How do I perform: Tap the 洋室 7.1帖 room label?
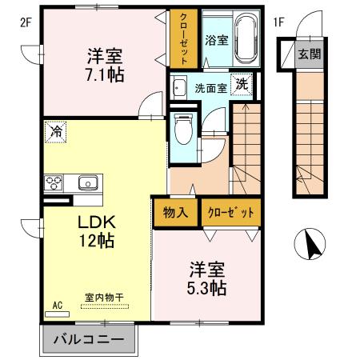point(105,65)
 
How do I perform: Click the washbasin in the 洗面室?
point(179,88)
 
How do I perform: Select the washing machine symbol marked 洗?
point(240,84)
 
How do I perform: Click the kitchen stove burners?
point(54,182)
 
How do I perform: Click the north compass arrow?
point(309,245)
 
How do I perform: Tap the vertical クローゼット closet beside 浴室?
point(183,39)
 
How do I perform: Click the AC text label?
point(57,305)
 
